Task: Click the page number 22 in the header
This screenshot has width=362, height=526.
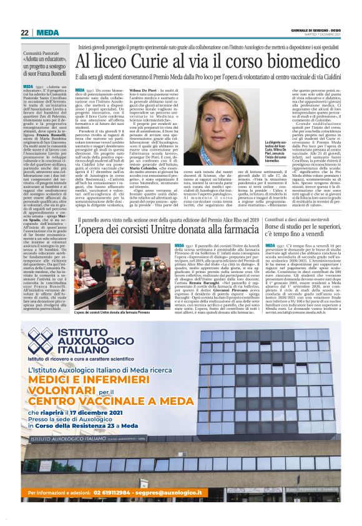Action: (x=24, y=33)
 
